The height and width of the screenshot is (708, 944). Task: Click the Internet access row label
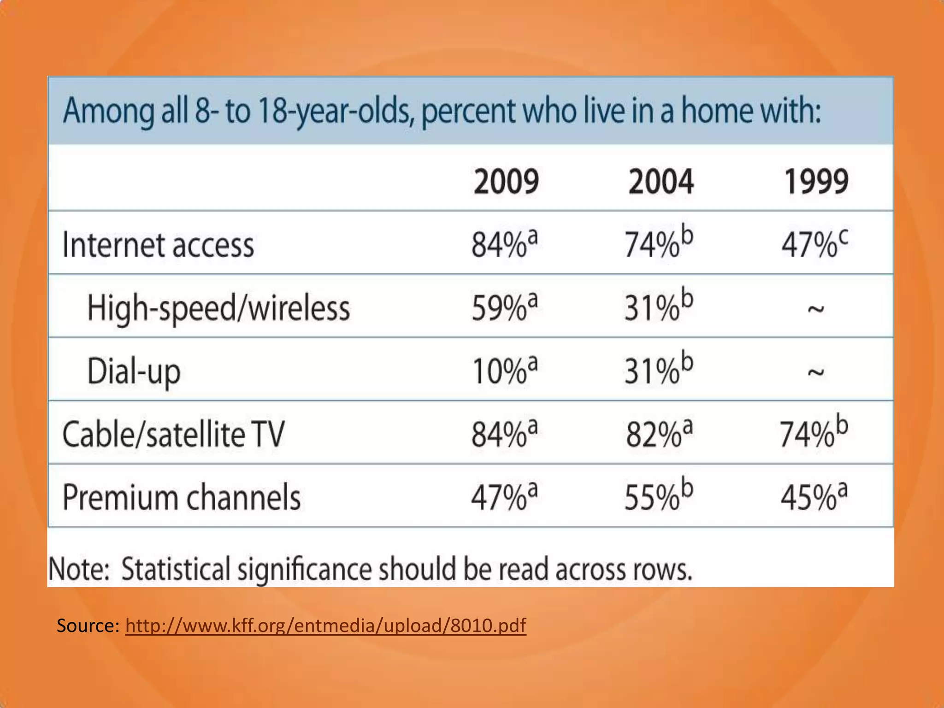tap(158, 245)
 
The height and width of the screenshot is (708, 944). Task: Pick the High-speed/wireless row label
tap(218, 308)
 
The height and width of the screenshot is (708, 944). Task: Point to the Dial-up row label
tap(134, 372)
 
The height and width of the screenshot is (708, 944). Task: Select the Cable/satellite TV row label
tap(173, 435)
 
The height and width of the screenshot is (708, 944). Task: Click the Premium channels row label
tap(181, 498)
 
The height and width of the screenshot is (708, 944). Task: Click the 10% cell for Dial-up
tap(504, 371)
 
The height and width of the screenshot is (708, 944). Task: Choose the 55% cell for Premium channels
tap(659, 497)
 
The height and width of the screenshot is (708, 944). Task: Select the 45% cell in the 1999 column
tap(814, 497)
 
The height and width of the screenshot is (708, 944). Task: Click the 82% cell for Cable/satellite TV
tap(659, 434)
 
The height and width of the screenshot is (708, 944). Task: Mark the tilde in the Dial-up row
tap(815, 372)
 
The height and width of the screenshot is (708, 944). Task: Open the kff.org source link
tap(325, 625)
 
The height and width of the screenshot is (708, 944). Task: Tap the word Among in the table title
tap(108, 112)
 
